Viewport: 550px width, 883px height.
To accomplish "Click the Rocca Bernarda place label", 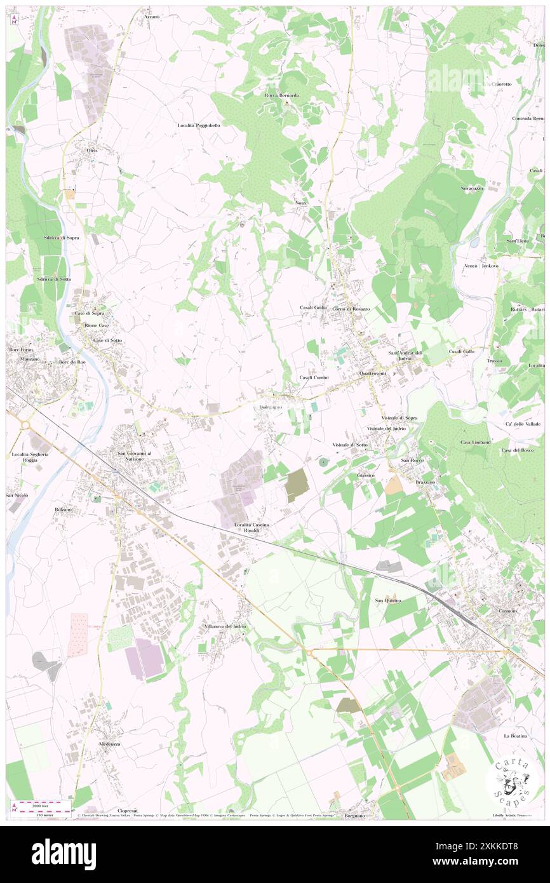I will pyautogui.click(x=282, y=95).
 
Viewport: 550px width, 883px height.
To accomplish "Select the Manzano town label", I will pyautogui.click(x=30, y=359).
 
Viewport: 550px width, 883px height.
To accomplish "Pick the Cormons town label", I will pyautogui.click(x=507, y=610).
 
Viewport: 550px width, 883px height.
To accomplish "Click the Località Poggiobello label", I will pyautogui.click(x=198, y=126).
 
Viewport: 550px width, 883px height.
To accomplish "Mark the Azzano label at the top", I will pyautogui.click(x=151, y=16).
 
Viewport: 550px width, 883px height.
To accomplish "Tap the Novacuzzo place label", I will pyautogui.click(x=473, y=189).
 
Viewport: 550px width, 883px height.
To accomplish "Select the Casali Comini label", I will pyautogui.click(x=314, y=377).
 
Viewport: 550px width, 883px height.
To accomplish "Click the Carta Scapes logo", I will pyautogui.click(x=512, y=780).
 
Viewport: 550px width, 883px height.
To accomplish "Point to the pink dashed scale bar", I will pyautogui.click(x=41, y=804).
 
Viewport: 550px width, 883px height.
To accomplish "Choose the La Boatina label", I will pyautogui.click(x=515, y=736).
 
